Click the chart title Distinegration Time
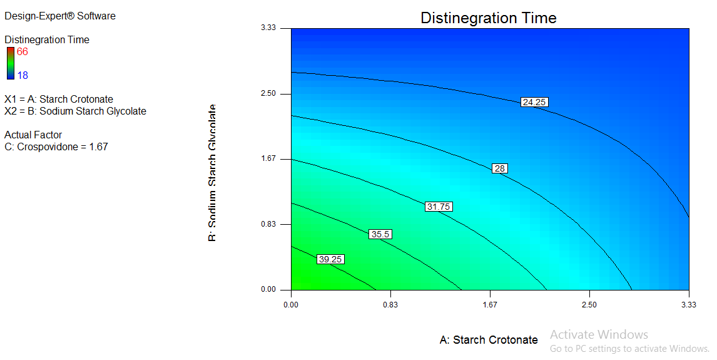(x=488, y=18)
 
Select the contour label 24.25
(x=534, y=102)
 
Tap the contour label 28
(x=499, y=168)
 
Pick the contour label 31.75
(x=438, y=207)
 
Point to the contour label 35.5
(x=380, y=234)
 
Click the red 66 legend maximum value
(x=23, y=52)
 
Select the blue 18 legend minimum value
(x=23, y=75)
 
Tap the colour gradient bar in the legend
(x=11, y=63)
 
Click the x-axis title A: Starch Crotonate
(x=489, y=340)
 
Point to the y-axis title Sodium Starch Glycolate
(x=213, y=173)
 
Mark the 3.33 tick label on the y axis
(x=268, y=28)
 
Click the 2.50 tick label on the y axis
(x=268, y=94)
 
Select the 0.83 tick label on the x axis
(x=390, y=304)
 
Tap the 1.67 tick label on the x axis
(x=490, y=304)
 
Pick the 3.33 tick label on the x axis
(x=688, y=304)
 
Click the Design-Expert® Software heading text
(x=60, y=16)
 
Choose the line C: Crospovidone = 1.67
(x=56, y=147)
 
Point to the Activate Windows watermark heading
(x=599, y=334)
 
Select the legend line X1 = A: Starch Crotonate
(x=59, y=100)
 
